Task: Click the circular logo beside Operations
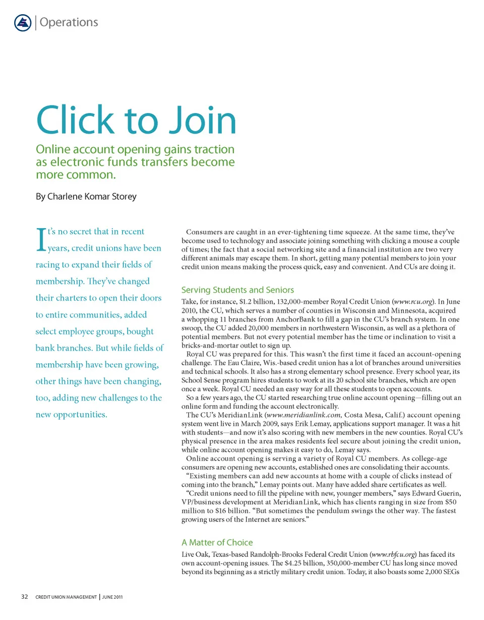click(22, 23)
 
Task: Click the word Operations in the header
click(68, 22)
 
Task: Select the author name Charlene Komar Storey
click(86, 197)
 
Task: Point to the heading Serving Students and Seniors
click(237, 290)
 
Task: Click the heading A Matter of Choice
click(217, 542)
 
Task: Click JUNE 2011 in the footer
click(111, 598)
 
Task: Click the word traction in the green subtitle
click(211, 150)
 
